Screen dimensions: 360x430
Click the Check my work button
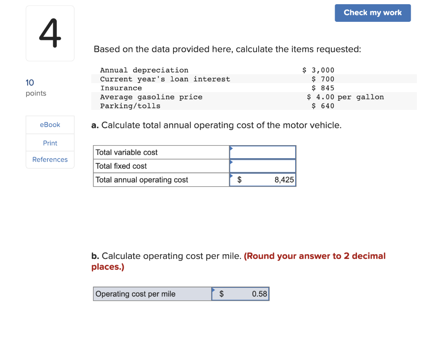click(x=372, y=13)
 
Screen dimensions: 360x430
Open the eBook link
click(x=50, y=125)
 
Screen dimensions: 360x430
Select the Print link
click(x=50, y=143)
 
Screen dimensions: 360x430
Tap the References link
click(x=50, y=159)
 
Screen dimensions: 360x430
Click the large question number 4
click(x=50, y=34)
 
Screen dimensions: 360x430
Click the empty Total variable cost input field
click(x=262, y=152)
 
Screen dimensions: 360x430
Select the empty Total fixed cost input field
click(x=262, y=166)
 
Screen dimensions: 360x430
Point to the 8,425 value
click(x=284, y=180)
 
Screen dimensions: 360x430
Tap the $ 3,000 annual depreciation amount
click(x=318, y=70)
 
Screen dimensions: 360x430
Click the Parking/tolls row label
click(x=130, y=106)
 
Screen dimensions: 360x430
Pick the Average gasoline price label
click(x=151, y=97)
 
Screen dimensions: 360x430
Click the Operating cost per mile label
click(x=136, y=294)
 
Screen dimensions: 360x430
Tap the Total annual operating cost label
click(x=142, y=180)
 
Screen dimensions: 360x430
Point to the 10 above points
click(x=30, y=83)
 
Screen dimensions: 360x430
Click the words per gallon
click(x=361, y=97)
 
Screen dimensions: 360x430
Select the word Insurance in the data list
click(x=121, y=88)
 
